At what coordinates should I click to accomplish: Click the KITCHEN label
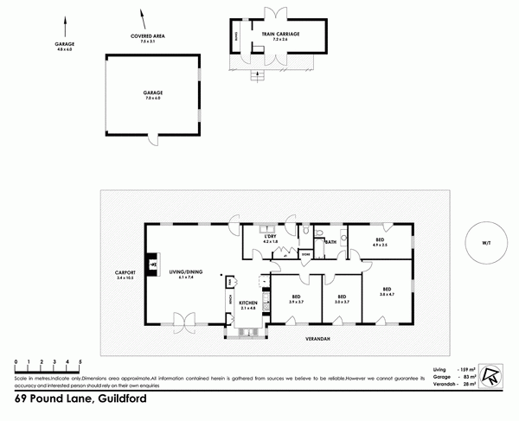coord(247,303)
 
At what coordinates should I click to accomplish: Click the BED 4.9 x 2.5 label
coord(379,242)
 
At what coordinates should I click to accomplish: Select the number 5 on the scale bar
coord(80,360)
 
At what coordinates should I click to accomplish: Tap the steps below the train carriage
coord(256,78)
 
